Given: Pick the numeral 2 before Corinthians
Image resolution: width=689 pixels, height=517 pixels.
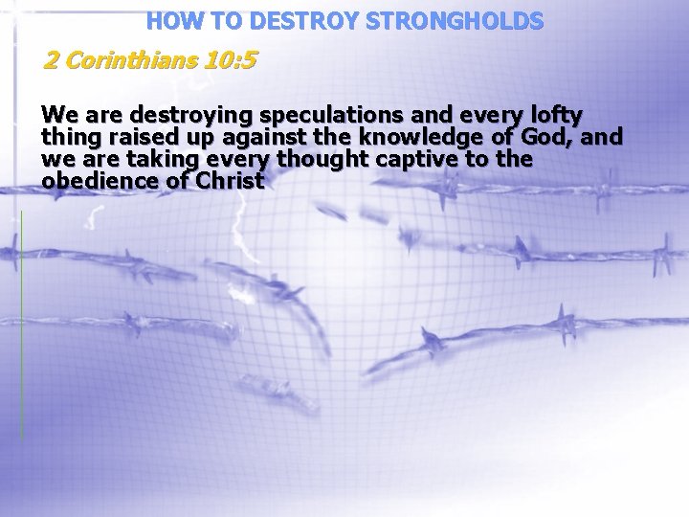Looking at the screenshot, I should pyautogui.click(x=52, y=61).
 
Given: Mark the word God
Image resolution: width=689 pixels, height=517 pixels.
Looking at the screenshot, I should pyautogui.click(x=549, y=138).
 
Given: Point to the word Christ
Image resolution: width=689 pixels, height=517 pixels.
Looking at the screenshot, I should pyautogui.click(x=228, y=180).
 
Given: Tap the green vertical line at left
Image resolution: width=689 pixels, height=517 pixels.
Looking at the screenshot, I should pyautogui.click(x=21, y=326).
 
